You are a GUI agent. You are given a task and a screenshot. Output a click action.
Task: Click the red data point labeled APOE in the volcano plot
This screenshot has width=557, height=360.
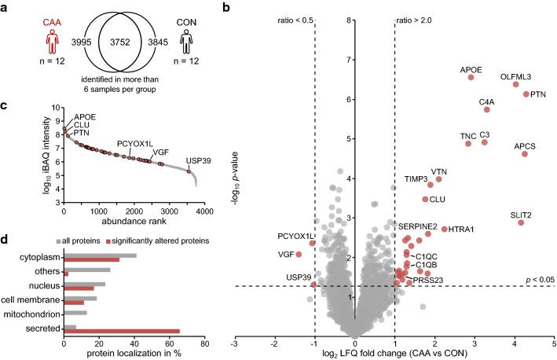(x=471, y=77)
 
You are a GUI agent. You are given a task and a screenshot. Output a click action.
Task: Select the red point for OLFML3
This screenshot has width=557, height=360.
(x=515, y=84)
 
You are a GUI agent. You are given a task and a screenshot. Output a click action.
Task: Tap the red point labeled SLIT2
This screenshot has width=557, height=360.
(x=521, y=222)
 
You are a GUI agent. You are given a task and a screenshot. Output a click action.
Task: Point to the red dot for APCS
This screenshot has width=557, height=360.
(x=525, y=154)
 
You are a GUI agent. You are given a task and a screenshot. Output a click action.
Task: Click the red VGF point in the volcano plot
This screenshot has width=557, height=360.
(x=299, y=254)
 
